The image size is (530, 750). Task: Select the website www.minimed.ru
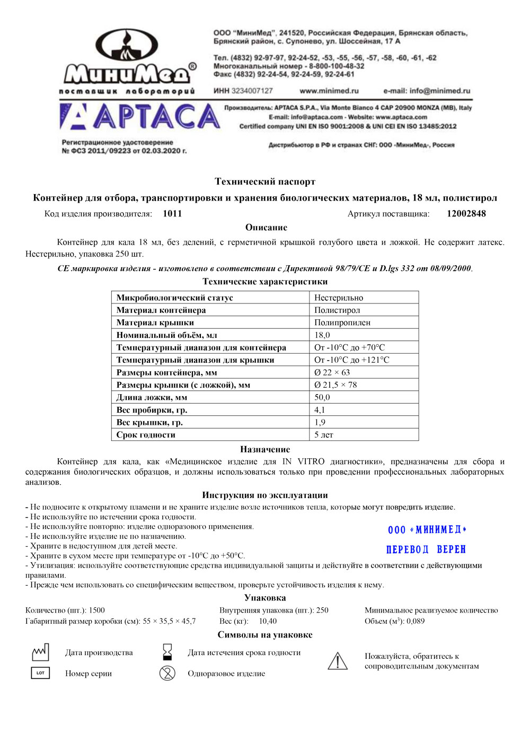point(329,91)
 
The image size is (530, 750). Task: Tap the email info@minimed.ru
point(427,91)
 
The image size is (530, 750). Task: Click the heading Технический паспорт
point(265,181)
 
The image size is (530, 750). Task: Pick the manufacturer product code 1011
point(172,214)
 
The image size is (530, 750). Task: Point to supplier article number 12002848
point(466,214)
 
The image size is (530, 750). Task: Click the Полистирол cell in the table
point(337,310)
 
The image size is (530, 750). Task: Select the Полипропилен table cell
point(342,322)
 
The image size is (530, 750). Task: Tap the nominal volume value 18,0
point(322,335)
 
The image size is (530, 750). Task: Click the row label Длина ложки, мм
point(152,397)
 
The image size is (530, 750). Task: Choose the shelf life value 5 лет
point(324,435)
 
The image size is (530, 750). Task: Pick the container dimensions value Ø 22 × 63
point(332,372)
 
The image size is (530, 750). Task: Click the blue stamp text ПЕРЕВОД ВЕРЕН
point(426,550)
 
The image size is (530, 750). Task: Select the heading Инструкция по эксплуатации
point(265,495)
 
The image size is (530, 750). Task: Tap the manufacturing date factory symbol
point(40,652)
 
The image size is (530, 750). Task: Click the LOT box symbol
point(40,673)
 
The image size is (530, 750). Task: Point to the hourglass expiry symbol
point(167,652)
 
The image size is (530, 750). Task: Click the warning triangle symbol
point(338,661)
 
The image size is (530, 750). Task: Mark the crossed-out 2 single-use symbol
point(167,673)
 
